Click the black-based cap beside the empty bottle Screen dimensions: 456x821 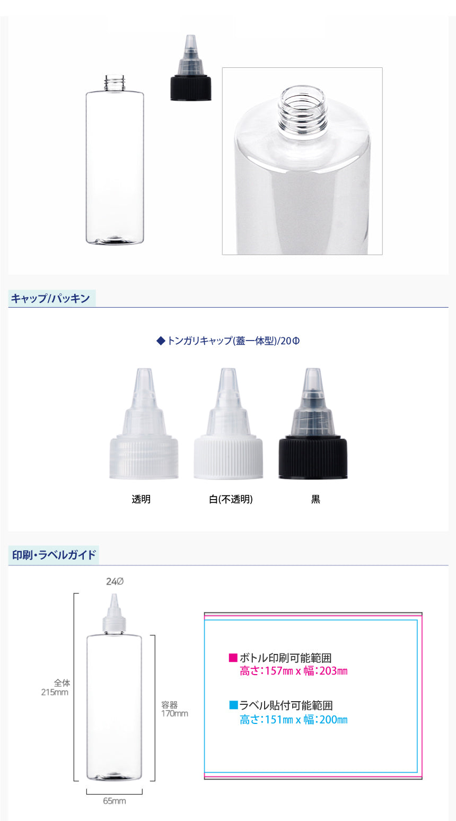[x=190, y=68]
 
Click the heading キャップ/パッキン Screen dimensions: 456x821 [x=50, y=299]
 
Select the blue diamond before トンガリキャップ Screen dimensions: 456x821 [x=161, y=341]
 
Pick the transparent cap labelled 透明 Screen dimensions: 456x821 [x=144, y=424]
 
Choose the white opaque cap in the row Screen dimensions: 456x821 [x=228, y=424]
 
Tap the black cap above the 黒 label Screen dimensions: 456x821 [x=313, y=424]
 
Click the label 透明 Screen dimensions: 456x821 [x=141, y=499]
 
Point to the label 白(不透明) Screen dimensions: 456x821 [x=231, y=499]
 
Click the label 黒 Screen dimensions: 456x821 [x=315, y=499]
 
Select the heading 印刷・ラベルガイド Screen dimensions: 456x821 [x=54, y=555]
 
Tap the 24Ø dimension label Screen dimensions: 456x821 [x=115, y=581]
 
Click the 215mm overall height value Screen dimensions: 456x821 [x=55, y=692]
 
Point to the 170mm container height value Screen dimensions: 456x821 [x=174, y=713]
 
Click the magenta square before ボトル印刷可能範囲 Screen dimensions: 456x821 [x=233, y=658]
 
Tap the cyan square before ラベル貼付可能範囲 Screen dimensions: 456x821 [x=233, y=705]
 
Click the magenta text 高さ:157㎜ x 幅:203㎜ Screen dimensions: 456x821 [x=294, y=671]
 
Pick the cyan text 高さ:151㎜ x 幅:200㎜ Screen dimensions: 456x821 [x=294, y=720]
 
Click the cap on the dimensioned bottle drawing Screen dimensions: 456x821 [x=115, y=613]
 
